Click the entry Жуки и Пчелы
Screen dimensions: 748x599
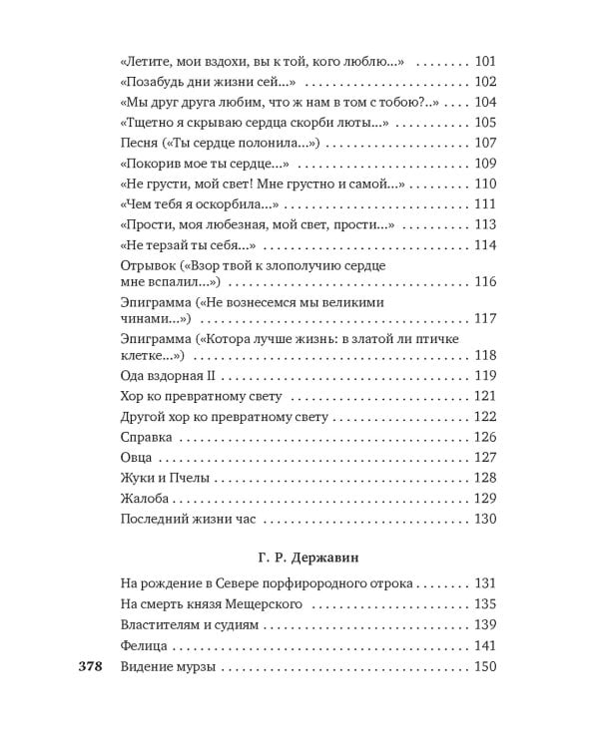[164, 478]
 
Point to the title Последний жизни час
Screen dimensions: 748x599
[189, 519]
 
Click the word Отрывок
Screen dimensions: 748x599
[149, 266]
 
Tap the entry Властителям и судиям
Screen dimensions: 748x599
[190, 625]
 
